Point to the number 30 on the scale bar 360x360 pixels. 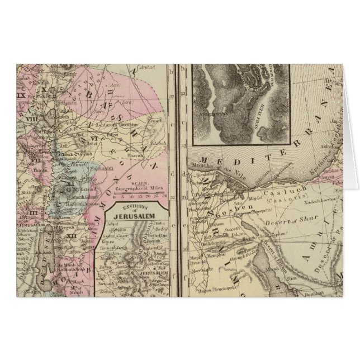(166, 196)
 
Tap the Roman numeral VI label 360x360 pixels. (94, 139)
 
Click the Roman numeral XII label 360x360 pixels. (70, 238)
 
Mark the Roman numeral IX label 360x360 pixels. (22, 96)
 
